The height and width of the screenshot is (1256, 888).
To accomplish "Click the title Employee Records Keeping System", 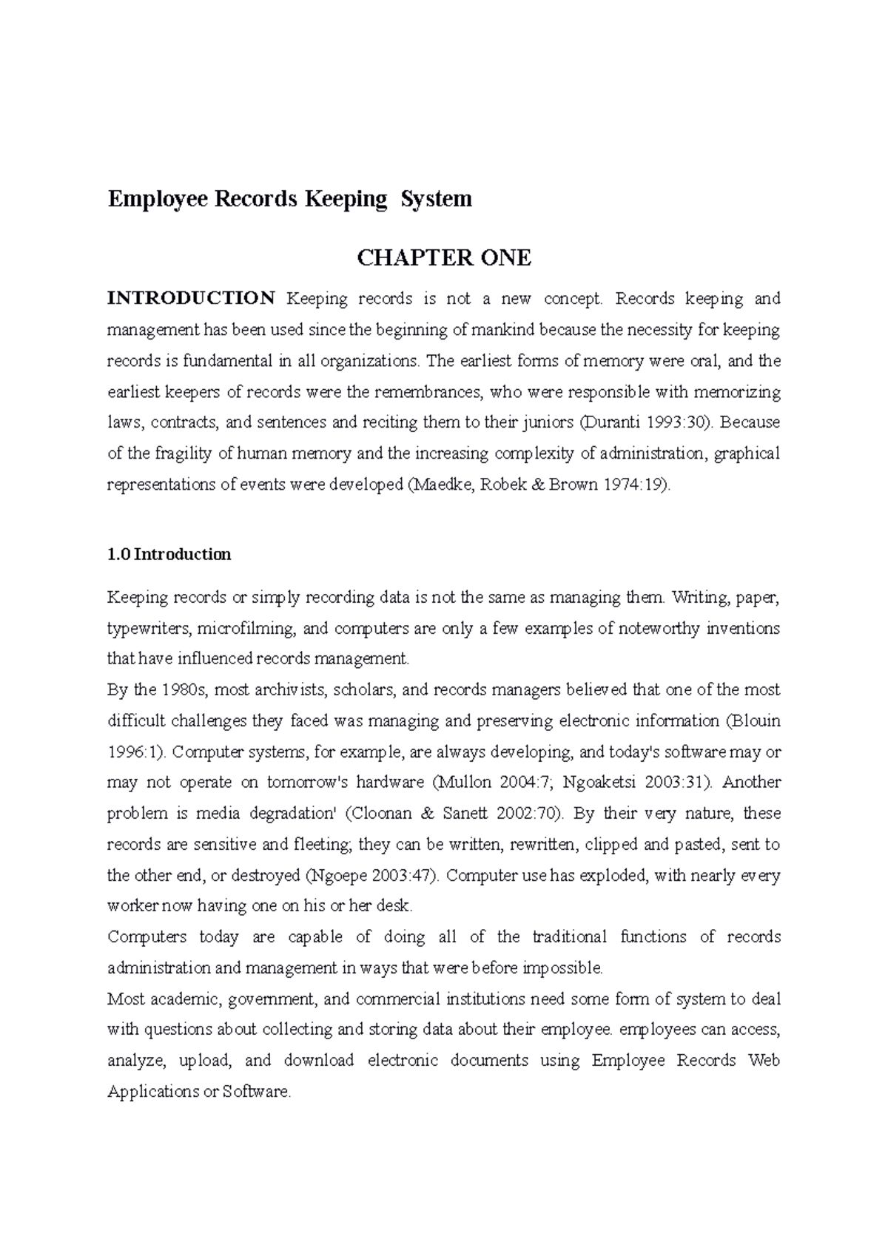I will [x=289, y=199].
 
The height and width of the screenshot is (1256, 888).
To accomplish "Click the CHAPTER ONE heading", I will [x=444, y=258].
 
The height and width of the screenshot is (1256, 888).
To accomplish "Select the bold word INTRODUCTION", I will [x=191, y=299].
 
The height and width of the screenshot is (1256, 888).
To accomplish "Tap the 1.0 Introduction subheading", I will [x=169, y=555].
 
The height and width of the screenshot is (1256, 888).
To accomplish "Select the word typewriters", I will [x=150, y=629].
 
